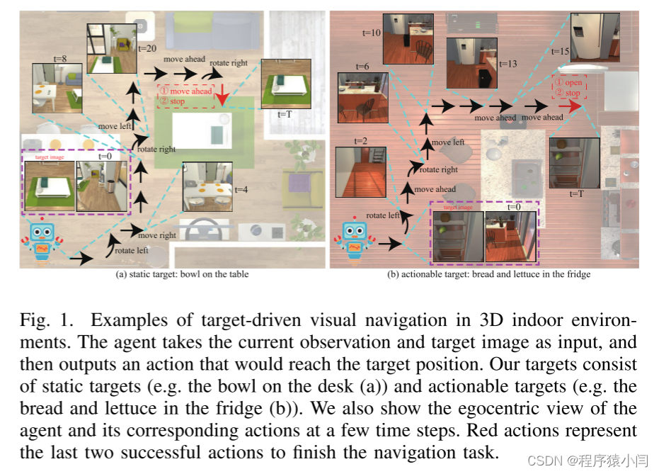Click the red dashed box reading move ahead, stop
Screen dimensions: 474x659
[185, 96]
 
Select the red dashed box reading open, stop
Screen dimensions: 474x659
[569, 87]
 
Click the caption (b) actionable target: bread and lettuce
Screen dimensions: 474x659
[488, 274]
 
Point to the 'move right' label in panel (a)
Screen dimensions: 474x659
[157, 235]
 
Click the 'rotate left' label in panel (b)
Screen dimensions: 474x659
[383, 215]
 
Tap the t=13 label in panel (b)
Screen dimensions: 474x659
[508, 64]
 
